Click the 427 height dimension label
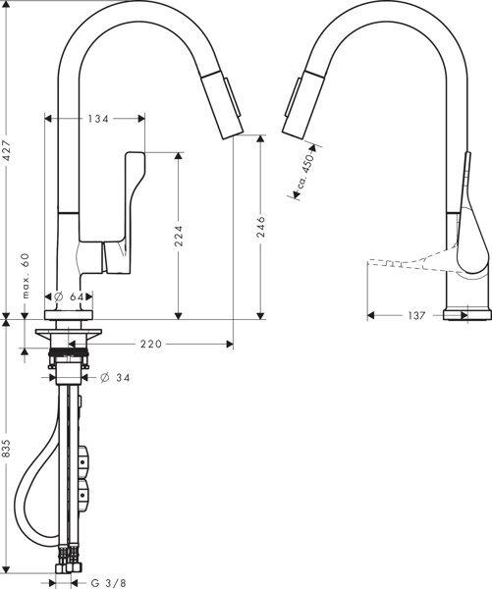pos(8,150)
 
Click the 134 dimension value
pos(97,119)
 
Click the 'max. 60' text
pos(27,277)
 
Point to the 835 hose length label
pos(8,449)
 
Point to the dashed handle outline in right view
pos(403,262)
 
